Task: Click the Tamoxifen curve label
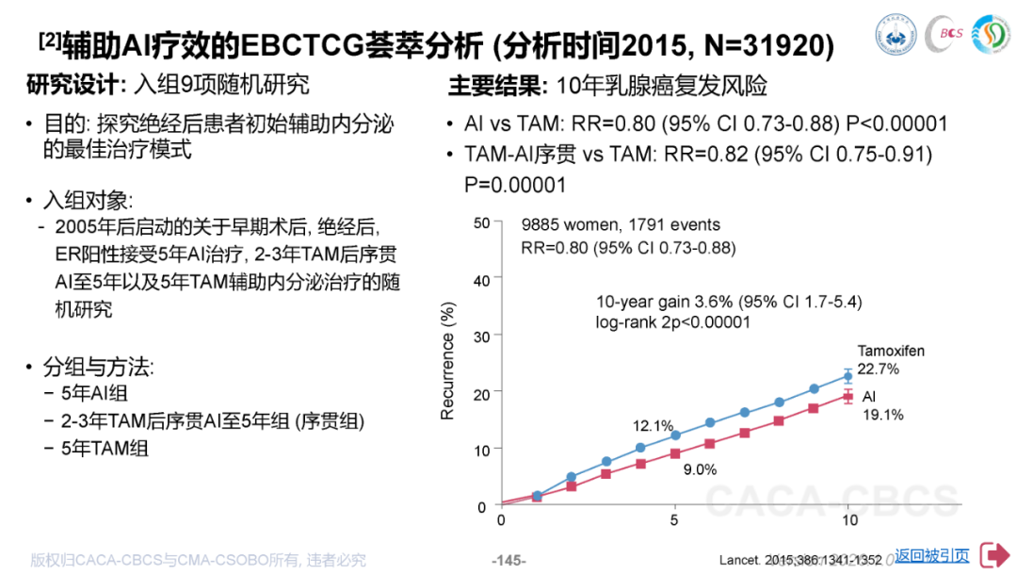(890, 351)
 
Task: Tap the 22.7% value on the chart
(878, 369)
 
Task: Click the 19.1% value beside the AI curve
(883, 414)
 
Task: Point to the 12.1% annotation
(653, 425)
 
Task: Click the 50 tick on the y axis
(482, 223)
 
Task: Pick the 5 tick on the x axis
(674, 519)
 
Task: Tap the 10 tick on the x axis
(847, 519)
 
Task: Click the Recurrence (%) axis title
(448, 361)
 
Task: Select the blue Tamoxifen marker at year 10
(847, 376)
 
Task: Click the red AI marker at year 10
(847, 397)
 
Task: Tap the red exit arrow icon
(993, 555)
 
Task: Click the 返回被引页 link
(931, 556)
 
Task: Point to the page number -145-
(508, 560)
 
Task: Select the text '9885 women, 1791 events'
(621, 225)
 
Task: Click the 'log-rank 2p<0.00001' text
(672, 321)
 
